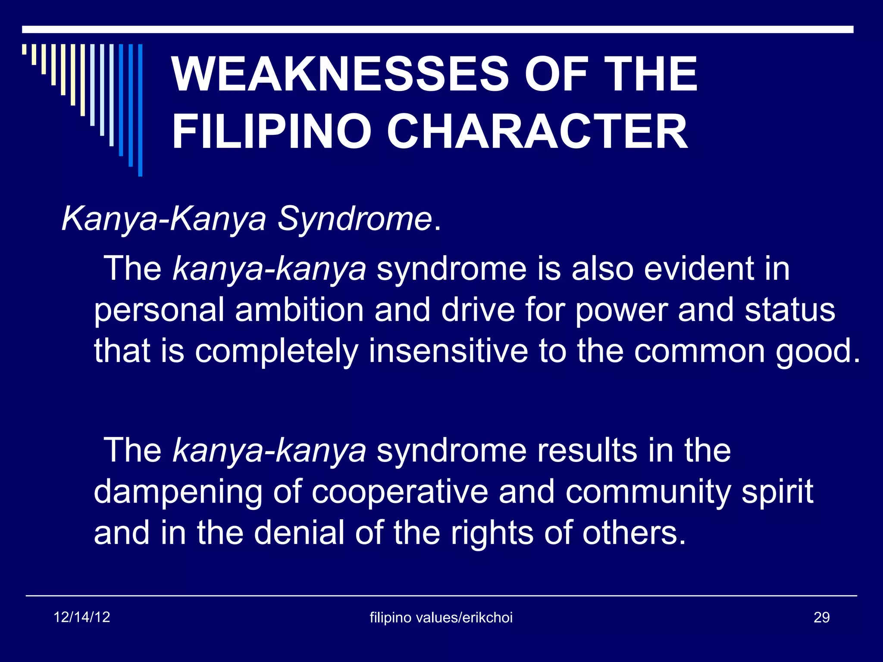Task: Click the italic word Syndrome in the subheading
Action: point(354,219)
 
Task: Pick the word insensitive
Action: point(448,351)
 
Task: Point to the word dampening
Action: point(178,492)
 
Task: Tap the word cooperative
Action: point(400,492)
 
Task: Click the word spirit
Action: point(777,492)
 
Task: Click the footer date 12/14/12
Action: point(82,617)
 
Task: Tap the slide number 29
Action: point(821,618)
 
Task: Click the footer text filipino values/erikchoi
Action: point(441,618)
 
